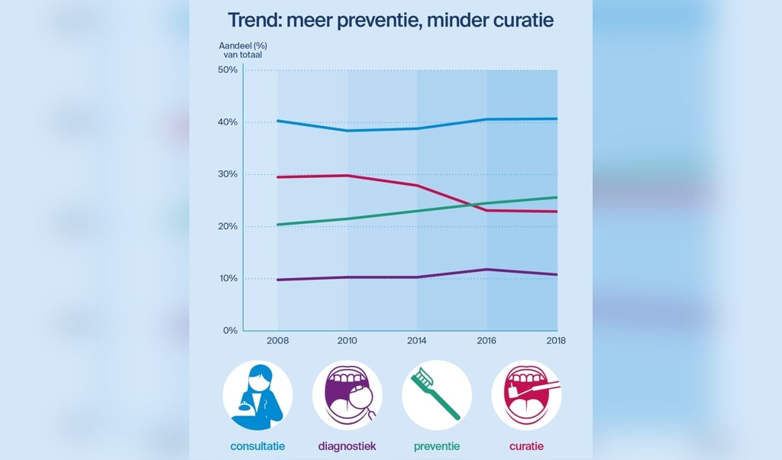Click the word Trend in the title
coord(255,21)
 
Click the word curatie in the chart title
coord(512,21)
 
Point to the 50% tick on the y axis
coord(228,70)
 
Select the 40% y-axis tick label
coord(228,122)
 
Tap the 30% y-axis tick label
coord(228,174)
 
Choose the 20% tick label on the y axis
coord(228,226)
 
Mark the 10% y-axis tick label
coord(228,278)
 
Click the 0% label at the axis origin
coord(231,330)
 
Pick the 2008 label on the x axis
coord(277,341)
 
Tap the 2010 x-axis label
coord(347,341)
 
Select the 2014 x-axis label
coord(417,341)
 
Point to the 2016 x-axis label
coord(487,341)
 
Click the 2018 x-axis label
coord(556,341)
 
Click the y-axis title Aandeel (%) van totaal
coord(242,50)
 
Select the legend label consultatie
coord(257,445)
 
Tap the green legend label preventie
coord(437,445)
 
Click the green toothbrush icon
coord(436,394)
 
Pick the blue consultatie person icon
coord(257,394)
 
